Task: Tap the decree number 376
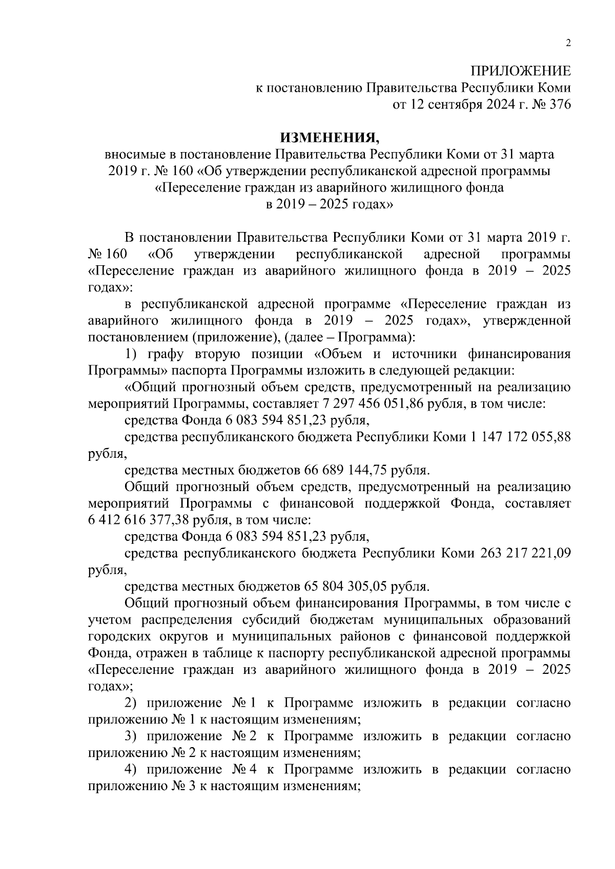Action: pos(559,104)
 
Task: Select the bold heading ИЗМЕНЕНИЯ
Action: pos(329,138)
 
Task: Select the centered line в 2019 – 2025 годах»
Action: pos(329,204)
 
